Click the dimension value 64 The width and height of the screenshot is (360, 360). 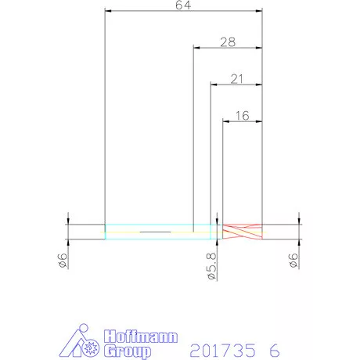(183, 5)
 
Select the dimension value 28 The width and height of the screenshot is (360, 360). (228, 42)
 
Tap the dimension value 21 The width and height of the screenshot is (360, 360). (236, 79)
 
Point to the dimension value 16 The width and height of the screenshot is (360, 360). (243, 116)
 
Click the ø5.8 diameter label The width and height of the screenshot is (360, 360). (212, 266)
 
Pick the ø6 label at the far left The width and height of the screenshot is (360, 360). (63, 260)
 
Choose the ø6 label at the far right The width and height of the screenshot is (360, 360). (293, 260)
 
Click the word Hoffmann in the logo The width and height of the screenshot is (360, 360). (141, 337)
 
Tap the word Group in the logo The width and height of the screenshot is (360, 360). (128, 351)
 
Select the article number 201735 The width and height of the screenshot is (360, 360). (222, 350)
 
